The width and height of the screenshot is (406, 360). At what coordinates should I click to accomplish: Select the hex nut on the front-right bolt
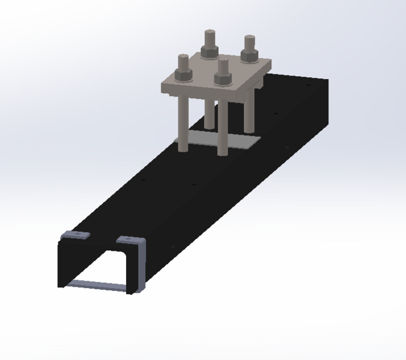click(223, 79)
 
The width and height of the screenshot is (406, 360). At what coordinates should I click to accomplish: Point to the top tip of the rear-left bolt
click(210, 32)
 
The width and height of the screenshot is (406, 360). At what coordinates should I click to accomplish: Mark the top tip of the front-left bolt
click(183, 56)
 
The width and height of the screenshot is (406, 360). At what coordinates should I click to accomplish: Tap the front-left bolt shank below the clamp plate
click(182, 120)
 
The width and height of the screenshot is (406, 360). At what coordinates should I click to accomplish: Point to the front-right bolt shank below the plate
click(222, 126)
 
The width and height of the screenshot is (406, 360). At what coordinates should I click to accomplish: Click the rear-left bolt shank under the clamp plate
click(209, 111)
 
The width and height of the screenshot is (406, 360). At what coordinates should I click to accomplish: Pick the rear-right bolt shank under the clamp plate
click(248, 114)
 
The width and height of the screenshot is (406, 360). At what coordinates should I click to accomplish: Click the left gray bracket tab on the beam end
click(76, 234)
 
